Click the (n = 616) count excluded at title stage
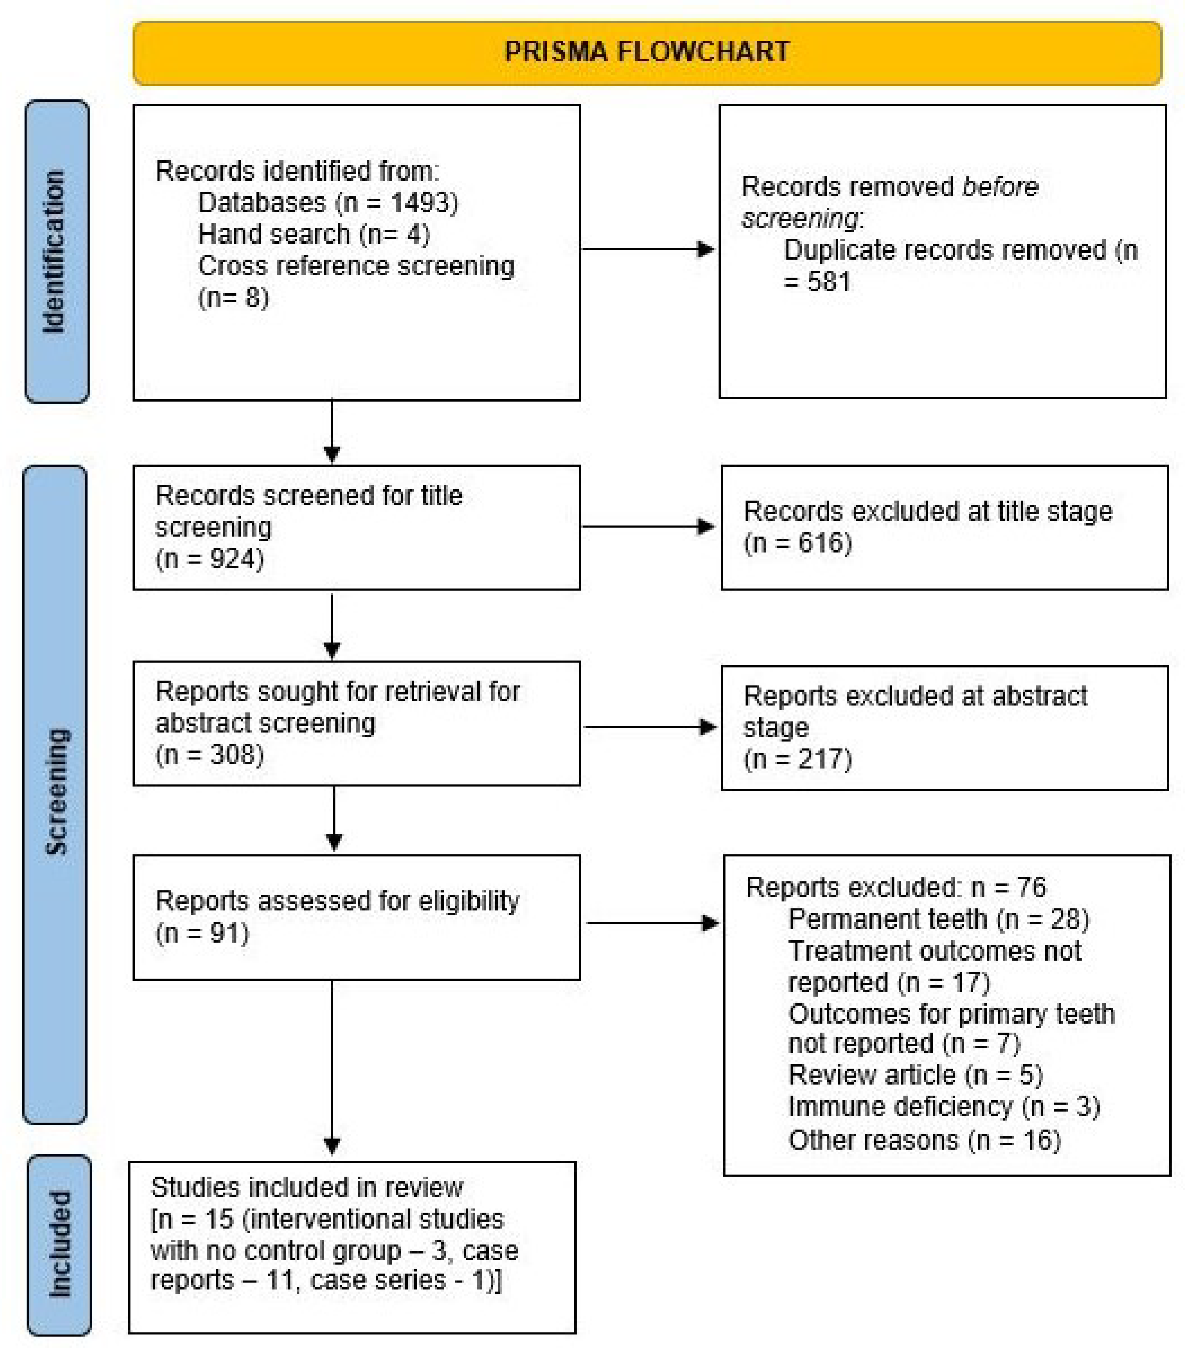[x=798, y=543]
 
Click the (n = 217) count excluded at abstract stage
[x=798, y=759]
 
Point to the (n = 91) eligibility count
[x=202, y=933]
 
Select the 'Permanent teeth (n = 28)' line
[x=938, y=919]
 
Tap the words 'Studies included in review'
[x=307, y=1187]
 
